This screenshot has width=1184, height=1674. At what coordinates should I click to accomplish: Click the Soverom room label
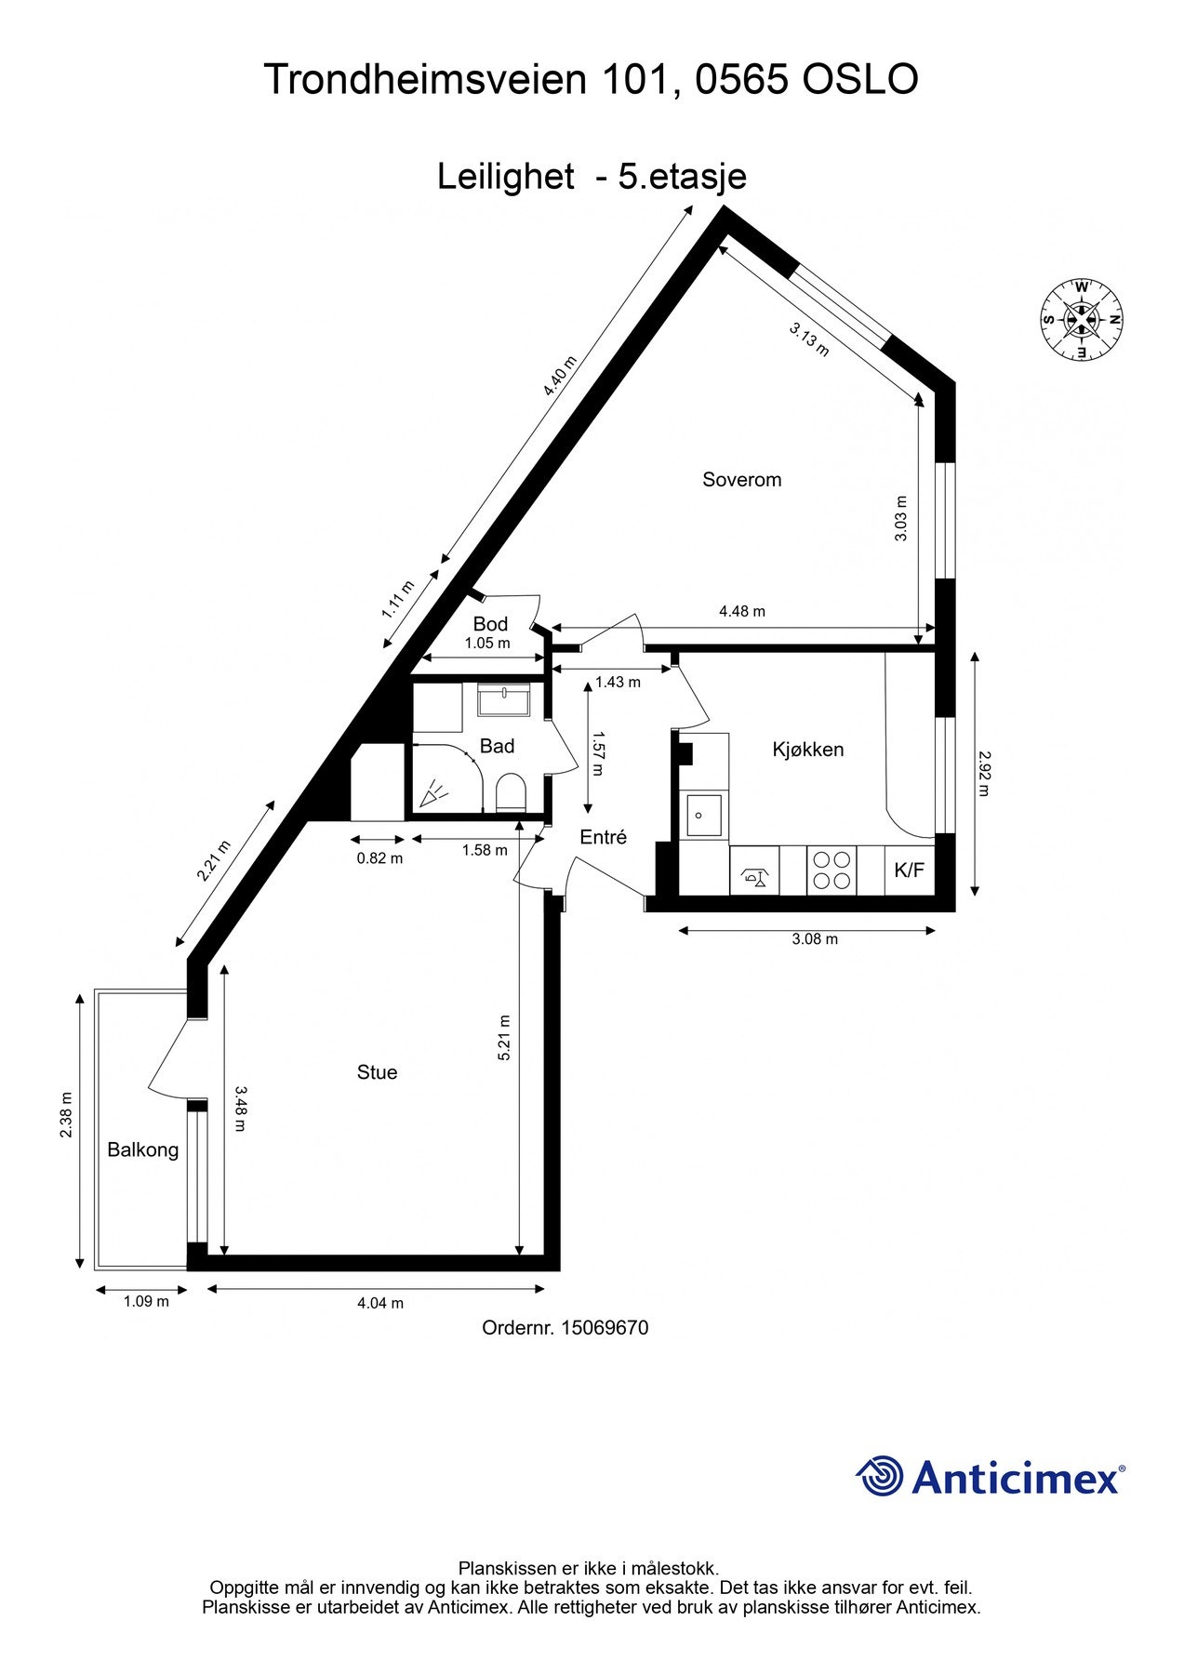(741, 480)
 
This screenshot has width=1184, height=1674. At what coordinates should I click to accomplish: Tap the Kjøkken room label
(807, 750)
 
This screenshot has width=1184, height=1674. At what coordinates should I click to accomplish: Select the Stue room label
(377, 1072)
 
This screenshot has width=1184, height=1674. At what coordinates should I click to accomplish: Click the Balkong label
(142, 1149)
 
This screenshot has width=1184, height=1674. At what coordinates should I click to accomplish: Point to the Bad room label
(497, 746)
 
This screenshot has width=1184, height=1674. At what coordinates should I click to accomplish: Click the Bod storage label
(490, 623)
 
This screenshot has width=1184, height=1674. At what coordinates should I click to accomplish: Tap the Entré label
(603, 837)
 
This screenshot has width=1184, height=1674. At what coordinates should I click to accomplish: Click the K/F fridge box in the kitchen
(909, 870)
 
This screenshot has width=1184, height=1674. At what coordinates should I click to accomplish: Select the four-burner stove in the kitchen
(831, 870)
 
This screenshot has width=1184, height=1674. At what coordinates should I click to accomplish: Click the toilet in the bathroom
(511, 793)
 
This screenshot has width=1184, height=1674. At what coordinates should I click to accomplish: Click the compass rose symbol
(1081, 320)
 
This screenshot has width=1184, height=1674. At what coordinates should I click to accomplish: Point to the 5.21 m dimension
(504, 1037)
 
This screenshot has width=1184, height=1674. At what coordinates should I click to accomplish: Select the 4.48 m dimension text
(741, 611)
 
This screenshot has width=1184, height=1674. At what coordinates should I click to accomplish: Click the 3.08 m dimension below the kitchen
(815, 939)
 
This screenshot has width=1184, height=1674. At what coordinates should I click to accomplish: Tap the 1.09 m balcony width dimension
(146, 1302)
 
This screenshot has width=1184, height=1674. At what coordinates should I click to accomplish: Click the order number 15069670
(604, 1328)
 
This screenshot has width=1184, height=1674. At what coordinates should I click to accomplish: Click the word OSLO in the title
(859, 80)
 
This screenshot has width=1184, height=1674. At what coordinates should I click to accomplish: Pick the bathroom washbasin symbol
(503, 698)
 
